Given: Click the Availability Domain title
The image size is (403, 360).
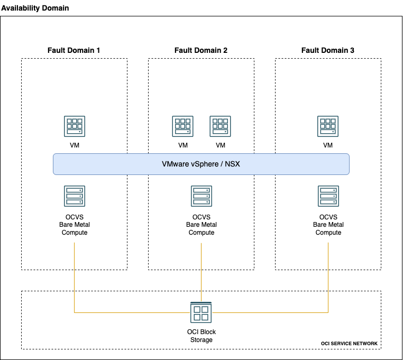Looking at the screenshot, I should click(35, 8).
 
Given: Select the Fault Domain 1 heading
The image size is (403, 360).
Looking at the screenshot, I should click(74, 50).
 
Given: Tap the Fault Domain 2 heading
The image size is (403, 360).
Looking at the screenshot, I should click(201, 50).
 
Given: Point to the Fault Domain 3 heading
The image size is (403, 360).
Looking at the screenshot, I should click(328, 50).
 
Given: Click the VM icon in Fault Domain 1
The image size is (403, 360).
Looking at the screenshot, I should click(75, 126).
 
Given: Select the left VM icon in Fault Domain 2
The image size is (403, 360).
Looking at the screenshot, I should click(182, 126).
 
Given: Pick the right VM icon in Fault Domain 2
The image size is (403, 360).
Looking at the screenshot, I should click(221, 126).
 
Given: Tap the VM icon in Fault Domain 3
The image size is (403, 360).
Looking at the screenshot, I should click(328, 126).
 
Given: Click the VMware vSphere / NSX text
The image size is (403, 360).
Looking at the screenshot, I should click(201, 164).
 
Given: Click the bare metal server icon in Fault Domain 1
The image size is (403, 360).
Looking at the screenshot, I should click(75, 196).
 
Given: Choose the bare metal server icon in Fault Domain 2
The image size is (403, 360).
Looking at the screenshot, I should click(201, 196).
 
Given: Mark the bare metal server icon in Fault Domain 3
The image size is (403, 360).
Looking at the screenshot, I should click(328, 196).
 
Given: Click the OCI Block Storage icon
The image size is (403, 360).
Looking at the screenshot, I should click(201, 312).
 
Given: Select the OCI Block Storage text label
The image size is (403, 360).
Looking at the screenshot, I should click(201, 336).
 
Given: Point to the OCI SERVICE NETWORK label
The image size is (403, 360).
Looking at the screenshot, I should click(349, 344).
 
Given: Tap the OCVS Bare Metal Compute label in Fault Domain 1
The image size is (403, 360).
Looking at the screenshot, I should click(75, 225).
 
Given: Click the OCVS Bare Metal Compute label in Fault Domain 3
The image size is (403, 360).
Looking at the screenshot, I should click(328, 225).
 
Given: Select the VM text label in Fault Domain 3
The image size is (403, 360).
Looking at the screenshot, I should click(328, 145).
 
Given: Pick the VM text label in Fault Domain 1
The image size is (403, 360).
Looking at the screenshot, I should click(75, 145).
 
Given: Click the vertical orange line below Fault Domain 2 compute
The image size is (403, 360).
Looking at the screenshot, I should click(201, 270).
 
